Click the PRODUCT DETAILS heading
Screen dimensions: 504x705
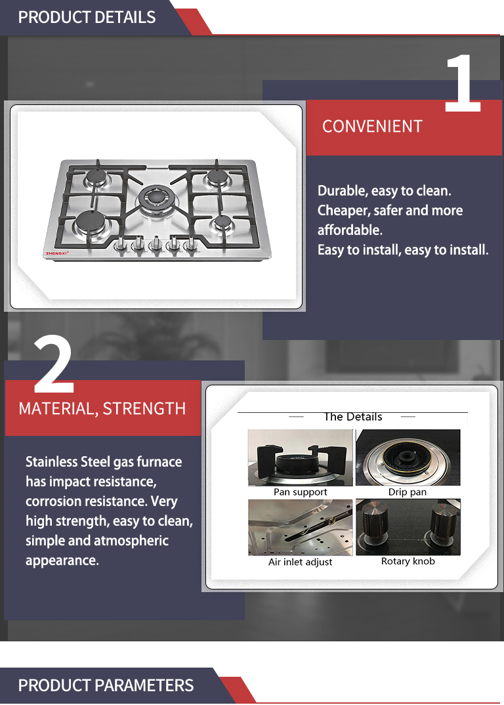[x=87, y=17]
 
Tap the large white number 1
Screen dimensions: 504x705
[x=463, y=83]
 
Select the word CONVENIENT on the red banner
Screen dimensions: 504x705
[x=372, y=126]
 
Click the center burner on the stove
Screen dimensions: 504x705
[x=155, y=197]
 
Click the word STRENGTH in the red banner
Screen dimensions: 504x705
[x=144, y=409]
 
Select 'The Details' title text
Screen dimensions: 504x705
[x=353, y=417]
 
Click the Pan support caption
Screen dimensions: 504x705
[x=301, y=492]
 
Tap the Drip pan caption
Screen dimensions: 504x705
[x=408, y=492]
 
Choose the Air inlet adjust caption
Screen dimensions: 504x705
[x=301, y=562]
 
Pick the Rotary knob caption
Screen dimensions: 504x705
[x=408, y=561]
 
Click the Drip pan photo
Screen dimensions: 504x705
[x=408, y=458]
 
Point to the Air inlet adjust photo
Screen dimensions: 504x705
[x=301, y=527]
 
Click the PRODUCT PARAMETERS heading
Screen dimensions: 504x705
[x=106, y=685]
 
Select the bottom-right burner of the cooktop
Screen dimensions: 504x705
[x=222, y=222]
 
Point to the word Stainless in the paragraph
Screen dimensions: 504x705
[x=52, y=461]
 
